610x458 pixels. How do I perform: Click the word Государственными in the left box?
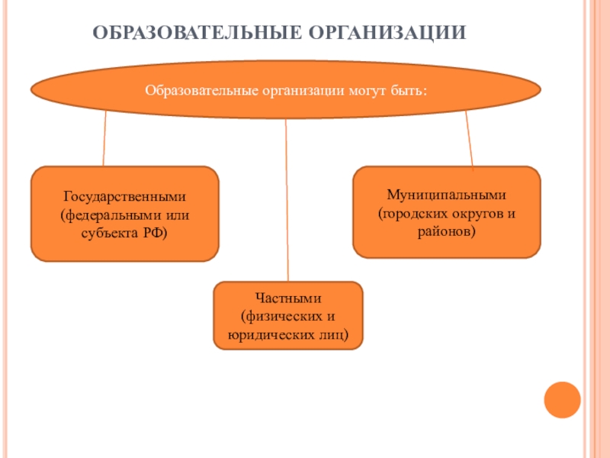125,197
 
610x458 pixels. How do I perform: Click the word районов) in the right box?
447,229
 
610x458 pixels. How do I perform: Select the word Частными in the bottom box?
288,299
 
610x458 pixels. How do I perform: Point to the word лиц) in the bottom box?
332,334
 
